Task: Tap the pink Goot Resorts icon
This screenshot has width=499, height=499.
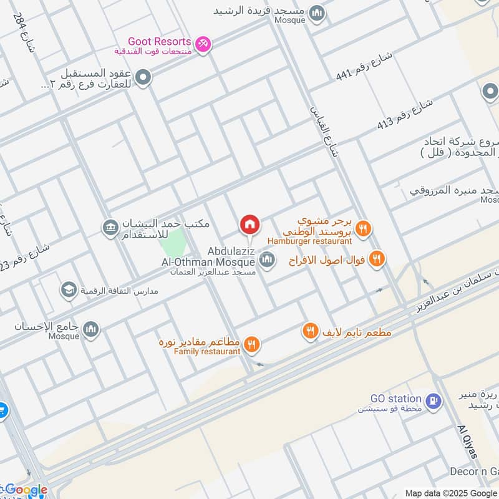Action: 203,44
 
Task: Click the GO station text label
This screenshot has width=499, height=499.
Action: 396,399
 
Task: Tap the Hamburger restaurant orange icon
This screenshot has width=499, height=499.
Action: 364,229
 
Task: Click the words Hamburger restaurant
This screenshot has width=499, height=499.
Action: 310,241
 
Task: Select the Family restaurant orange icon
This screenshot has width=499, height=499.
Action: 252,344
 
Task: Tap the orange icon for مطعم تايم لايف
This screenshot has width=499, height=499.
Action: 311,332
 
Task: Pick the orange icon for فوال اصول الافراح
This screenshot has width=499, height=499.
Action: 376,258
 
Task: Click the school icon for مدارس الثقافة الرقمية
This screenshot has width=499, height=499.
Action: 69,290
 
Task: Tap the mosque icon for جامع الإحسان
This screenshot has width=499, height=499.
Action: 91,329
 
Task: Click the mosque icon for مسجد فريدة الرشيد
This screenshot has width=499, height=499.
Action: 317,13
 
